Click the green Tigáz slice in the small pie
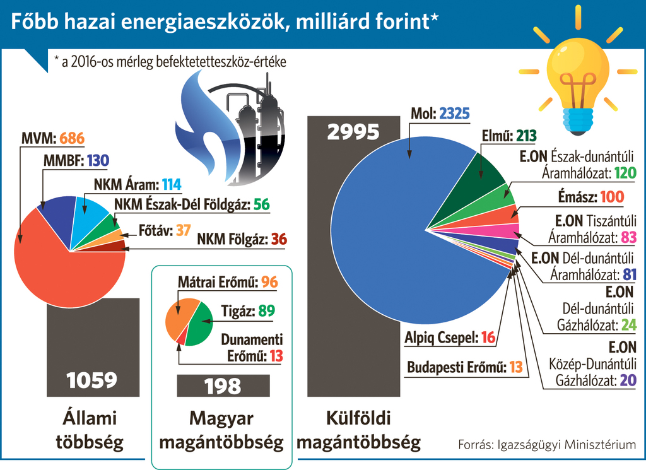point(201,325)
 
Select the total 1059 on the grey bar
point(92,380)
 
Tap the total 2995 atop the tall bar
point(353,132)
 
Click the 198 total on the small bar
point(223,385)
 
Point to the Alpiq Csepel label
point(441,338)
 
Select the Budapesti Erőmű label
point(457,367)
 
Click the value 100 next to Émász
point(612,197)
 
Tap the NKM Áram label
point(126,185)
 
